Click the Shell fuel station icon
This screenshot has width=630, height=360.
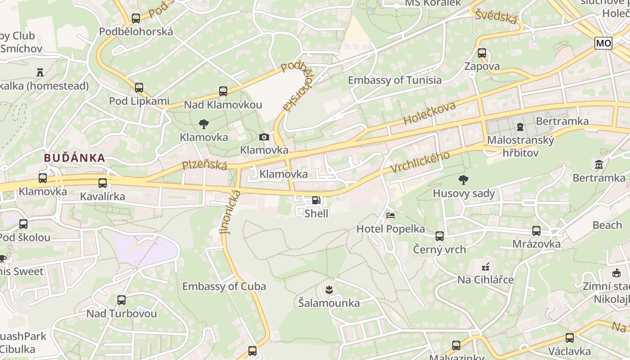tap(316, 200)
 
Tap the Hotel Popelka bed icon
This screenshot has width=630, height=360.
tap(391, 216)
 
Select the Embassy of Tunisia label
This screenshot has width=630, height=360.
tap(395, 80)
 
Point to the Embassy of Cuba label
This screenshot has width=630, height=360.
tap(224, 286)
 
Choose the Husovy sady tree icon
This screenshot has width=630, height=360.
tap(463, 180)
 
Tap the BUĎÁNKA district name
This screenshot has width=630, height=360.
tap(74, 158)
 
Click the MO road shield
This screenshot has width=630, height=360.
tap(603, 43)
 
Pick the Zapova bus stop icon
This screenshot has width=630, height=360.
tap(482, 53)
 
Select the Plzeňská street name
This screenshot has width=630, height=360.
tap(204, 165)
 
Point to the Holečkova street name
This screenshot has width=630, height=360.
tap(429, 113)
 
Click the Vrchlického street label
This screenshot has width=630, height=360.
tap(420, 162)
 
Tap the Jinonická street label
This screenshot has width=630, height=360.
tap(230, 211)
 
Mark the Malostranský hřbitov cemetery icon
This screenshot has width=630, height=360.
tap(520, 127)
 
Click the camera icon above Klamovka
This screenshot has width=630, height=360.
tap(264, 137)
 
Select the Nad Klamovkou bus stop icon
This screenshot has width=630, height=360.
tap(223, 91)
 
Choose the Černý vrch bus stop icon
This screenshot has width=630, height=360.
tap(440, 236)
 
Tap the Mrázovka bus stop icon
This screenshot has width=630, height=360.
tap(536, 231)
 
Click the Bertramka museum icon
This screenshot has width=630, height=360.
tap(598, 165)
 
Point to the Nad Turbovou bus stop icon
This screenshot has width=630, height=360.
tap(121, 300)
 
